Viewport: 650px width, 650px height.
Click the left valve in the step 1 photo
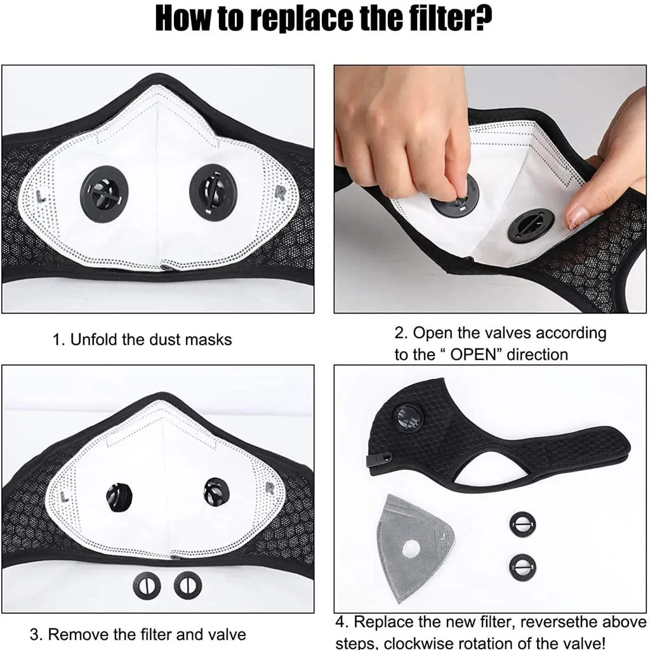[x=103, y=194]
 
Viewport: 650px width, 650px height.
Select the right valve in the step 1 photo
[x=213, y=192]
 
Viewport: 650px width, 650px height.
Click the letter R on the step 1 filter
[x=281, y=192]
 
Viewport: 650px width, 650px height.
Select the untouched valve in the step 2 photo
[x=531, y=225]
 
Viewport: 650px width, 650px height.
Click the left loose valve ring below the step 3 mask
[x=147, y=586]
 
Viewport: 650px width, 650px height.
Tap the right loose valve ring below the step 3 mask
[x=188, y=586]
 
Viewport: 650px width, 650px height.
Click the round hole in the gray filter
[x=411, y=549]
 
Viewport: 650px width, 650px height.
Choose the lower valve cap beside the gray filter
[x=522, y=567]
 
